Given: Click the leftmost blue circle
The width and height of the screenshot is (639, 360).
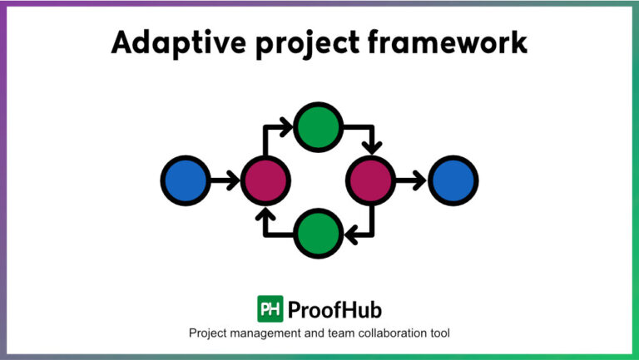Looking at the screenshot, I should pos(185,180).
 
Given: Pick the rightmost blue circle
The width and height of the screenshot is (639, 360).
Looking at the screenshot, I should pos(453,180).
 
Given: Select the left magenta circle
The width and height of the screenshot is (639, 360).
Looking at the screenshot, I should pos(265,180).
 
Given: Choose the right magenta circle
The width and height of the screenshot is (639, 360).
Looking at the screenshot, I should pos(372,180).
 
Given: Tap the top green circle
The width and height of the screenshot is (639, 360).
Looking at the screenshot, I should pos(319,127).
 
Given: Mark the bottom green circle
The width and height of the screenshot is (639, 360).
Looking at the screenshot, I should pos(319,234).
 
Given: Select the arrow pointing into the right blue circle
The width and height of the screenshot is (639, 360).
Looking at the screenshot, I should pos(412,180).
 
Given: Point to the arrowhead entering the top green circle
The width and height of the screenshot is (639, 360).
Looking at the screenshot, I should pos(287,127).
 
